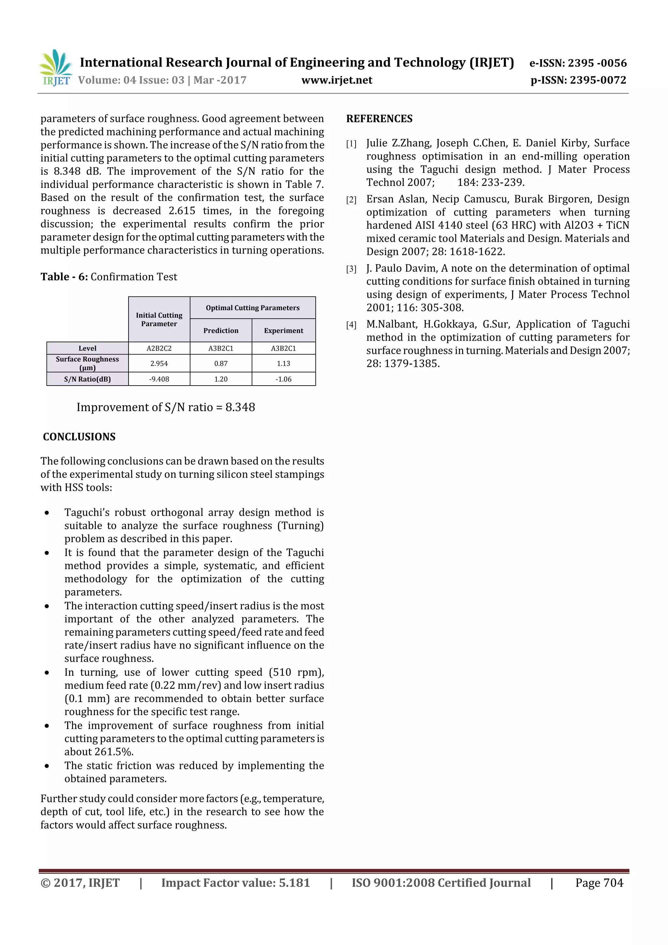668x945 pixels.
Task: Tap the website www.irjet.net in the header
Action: click(x=336, y=80)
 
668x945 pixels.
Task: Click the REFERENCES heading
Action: click(x=379, y=119)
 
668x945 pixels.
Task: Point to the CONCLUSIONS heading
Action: click(x=79, y=437)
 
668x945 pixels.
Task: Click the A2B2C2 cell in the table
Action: click(x=159, y=348)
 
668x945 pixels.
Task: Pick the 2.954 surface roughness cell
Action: click(x=159, y=363)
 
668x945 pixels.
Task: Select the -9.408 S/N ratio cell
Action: click(x=159, y=379)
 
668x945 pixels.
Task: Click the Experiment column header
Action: click(x=283, y=330)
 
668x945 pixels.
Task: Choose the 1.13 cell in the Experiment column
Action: click(x=283, y=363)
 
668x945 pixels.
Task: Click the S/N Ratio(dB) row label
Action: click(x=87, y=379)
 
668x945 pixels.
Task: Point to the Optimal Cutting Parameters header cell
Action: click(x=252, y=308)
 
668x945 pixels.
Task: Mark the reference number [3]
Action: click(x=351, y=269)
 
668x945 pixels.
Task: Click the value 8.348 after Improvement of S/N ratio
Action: click(x=240, y=407)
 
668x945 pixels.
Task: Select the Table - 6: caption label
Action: click(x=64, y=277)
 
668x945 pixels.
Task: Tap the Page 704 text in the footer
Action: click(x=599, y=882)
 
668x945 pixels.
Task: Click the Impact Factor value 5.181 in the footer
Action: click(x=294, y=882)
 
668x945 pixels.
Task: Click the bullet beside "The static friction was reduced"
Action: click(x=47, y=766)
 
